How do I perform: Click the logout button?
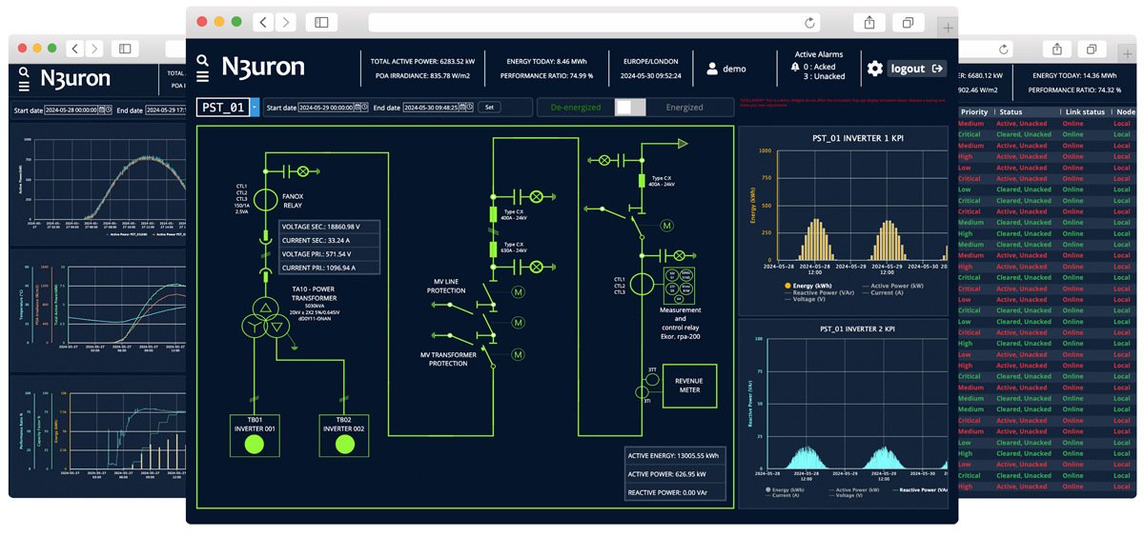[916, 69]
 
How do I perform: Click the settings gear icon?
[874, 69]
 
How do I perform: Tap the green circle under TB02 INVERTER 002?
[343, 445]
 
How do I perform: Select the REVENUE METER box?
[688, 385]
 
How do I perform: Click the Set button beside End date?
[489, 108]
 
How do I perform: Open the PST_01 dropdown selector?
[255, 108]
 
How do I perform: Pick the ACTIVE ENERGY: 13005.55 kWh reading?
[674, 456]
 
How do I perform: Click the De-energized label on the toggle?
[576, 108]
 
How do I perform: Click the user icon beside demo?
[711, 69]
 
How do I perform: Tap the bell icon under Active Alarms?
[795, 68]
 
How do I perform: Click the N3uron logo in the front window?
[262, 66]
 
